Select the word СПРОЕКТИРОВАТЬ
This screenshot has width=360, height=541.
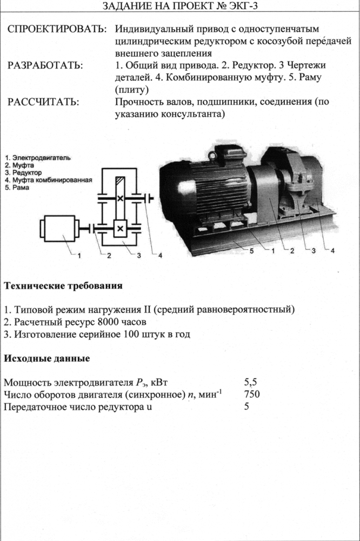click(x=56, y=28)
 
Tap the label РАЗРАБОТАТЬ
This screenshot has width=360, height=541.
click(x=45, y=65)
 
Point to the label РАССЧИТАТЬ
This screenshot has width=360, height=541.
click(x=43, y=102)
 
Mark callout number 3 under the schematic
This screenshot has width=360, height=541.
click(x=138, y=256)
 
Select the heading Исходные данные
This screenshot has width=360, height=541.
click(x=46, y=358)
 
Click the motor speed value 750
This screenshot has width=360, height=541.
click(x=252, y=394)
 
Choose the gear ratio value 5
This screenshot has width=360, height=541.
click(x=246, y=406)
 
